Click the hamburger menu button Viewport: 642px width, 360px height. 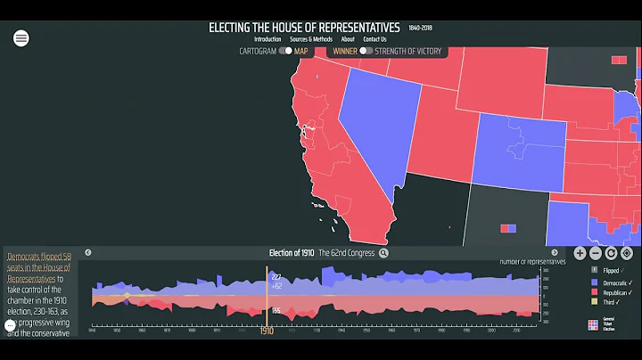coord(21,37)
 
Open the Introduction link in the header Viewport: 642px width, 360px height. coord(267,39)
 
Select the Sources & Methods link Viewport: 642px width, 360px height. coord(311,39)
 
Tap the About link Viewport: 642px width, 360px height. coord(348,39)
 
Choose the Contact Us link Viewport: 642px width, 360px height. coord(375,39)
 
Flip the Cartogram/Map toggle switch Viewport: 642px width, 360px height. coord(285,51)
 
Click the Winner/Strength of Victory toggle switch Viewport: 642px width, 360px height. coord(366,51)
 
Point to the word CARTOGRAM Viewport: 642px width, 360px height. coord(258,51)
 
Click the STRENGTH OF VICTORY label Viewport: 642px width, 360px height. coord(408,51)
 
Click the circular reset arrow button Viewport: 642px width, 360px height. coord(612,253)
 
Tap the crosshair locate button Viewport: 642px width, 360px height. coord(627,253)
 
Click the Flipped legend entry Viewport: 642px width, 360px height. coord(609,270)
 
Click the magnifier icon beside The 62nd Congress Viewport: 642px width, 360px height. coord(383,253)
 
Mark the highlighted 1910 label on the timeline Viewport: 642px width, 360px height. coord(267,331)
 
